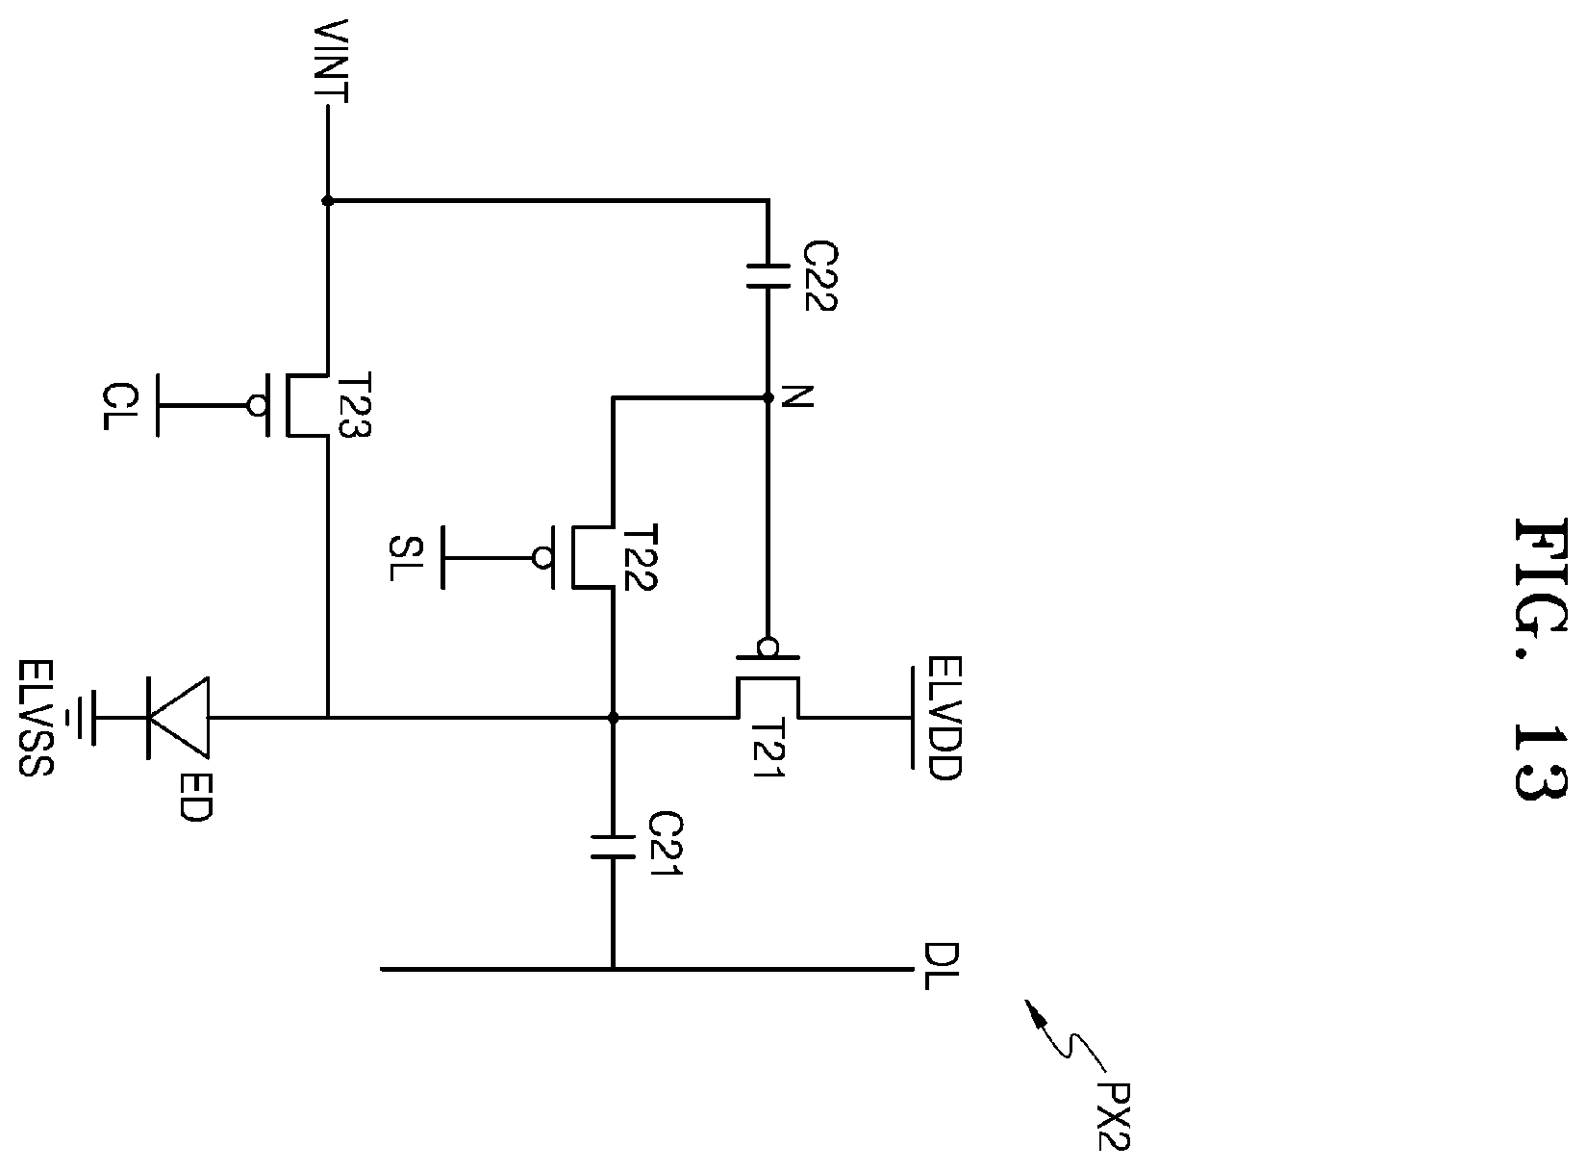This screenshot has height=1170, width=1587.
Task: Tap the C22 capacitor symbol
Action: click(x=768, y=276)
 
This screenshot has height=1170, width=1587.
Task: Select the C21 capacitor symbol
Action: click(x=613, y=846)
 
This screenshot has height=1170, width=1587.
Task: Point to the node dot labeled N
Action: click(x=768, y=398)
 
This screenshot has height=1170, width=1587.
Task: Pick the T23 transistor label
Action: click(x=353, y=404)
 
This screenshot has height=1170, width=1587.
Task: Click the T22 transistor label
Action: click(x=640, y=558)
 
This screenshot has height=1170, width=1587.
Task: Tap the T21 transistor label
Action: click(x=767, y=748)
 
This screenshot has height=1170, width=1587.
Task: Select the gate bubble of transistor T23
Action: click(x=257, y=405)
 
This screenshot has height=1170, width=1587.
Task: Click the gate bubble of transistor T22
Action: click(x=542, y=558)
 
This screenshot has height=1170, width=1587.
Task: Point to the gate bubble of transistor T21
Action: click(x=768, y=647)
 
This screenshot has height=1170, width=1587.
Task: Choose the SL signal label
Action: click(x=406, y=558)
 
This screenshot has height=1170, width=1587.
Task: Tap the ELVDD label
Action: click(x=944, y=719)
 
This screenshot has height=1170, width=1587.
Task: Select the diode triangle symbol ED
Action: click(x=178, y=718)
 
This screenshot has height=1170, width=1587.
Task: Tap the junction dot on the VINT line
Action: click(x=327, y=201)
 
